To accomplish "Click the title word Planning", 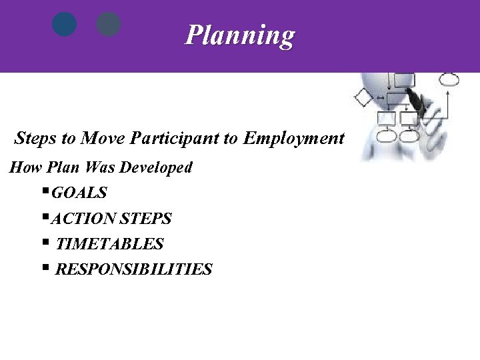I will tap(239, 35).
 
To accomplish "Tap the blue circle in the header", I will tap(65, 25).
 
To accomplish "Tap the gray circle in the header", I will tap(109, 25).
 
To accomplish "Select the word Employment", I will tap(294, 139).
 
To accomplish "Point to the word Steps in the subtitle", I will tap(36, 139).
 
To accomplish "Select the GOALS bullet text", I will tap(79, 193).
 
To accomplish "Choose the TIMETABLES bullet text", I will tap(109, 245).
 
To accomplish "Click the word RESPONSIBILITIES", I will tap(133, 270).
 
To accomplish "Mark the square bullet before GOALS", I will tap(45, 192).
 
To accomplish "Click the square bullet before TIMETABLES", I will tap(45, 243).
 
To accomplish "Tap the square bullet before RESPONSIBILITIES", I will tap(45, 268).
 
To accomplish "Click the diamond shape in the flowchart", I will tap(363, 97).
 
